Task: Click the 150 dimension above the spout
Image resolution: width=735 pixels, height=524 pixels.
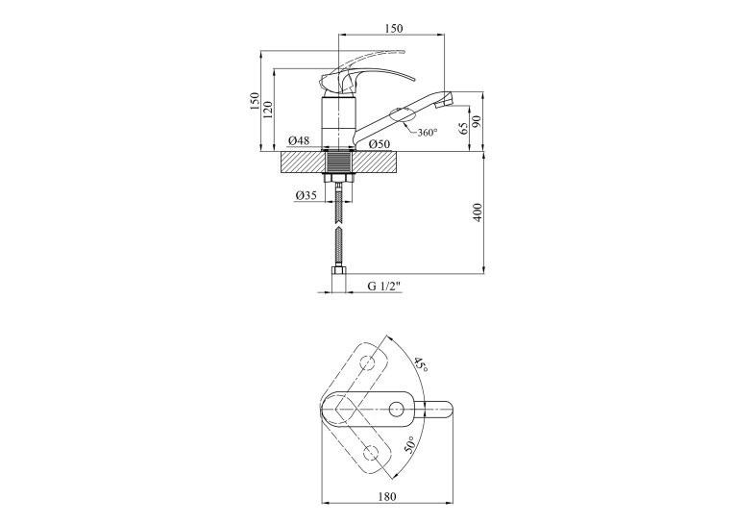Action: tap(394, 28)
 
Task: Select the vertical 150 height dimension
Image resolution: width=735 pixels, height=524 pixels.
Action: tap(255, 101)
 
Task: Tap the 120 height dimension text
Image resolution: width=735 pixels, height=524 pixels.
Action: tap(268, 110)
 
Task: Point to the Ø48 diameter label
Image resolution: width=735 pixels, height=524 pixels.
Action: tap(299, 140)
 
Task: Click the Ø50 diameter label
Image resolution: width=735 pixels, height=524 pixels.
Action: tap(379, 144)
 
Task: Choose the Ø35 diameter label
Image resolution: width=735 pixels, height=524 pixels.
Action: tap(306, 195)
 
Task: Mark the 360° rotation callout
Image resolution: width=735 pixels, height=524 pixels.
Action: tap(427, 133)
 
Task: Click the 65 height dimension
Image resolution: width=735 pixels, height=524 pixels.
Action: tap(463, 128)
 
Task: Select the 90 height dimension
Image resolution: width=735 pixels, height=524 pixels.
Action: tap(477, 121)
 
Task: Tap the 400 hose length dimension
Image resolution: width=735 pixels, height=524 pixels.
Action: tap(478, 212)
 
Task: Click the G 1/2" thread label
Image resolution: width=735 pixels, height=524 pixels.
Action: tap(384, 287)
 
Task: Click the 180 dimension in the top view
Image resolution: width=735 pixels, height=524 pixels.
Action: tap(387, 496)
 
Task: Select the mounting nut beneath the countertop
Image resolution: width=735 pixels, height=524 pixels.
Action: tap(339, 178)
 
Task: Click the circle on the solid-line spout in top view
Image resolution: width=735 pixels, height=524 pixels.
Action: tap(397, 409)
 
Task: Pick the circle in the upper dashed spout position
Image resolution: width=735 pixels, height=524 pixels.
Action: tap(368, 362)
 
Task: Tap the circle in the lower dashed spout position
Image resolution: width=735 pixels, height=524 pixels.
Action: tap(372, 452)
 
